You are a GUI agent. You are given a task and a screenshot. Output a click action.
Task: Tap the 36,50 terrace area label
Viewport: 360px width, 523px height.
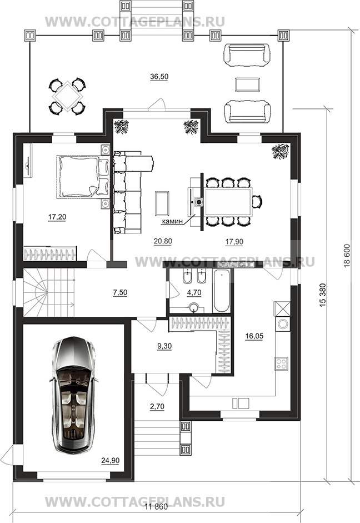[x=159, y=77]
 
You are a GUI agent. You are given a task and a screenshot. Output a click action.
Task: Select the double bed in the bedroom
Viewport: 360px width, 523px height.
[x=83, y=176]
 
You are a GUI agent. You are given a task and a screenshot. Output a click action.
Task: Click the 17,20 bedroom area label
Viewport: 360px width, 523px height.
[x=57, y=217]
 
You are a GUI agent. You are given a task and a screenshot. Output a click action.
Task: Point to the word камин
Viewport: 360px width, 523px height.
[x=172, y=221]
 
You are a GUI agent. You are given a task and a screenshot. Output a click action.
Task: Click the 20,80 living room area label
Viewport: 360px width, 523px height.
[x=163, y=241]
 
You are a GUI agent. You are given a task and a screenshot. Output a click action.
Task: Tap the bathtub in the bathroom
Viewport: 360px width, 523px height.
[x=221, y=291]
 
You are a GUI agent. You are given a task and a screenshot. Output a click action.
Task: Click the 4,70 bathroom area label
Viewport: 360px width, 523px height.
[x=194, y=292]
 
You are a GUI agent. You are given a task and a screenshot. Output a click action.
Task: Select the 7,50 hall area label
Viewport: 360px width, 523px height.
[x=120, y=292]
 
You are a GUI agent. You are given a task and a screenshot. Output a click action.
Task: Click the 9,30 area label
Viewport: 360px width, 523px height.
[x=164, y=346]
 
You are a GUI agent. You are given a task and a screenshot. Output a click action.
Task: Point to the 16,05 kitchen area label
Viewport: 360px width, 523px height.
[x=254, y=336]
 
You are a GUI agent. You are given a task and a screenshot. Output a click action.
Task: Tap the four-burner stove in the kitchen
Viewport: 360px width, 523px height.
[x=281, y=363]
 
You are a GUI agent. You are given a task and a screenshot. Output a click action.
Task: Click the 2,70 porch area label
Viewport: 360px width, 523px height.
[x=157, y=407]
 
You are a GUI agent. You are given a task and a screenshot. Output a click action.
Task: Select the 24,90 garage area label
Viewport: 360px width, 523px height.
[x=111, y=461]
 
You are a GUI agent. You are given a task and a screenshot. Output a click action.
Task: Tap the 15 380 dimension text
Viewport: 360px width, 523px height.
[x=323, y=295]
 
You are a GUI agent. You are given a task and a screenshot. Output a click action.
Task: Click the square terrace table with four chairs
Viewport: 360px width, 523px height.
[x=68, y=96]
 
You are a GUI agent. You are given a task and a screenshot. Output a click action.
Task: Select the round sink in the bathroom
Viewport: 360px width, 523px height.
[x=194, y=307]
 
